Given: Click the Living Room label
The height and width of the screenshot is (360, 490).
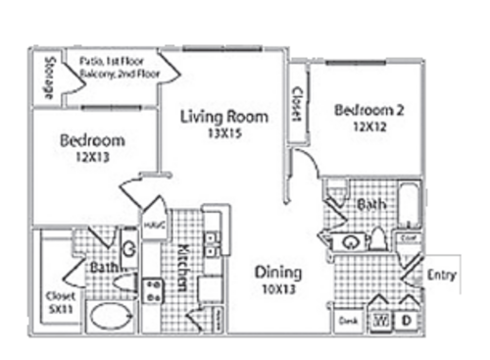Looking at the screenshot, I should click(224, 117).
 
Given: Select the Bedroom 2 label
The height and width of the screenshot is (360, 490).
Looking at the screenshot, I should click(368, 110).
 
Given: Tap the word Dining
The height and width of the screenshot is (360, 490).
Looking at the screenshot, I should click(277, 273).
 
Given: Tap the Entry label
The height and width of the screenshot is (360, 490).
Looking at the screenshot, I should click(442, 276).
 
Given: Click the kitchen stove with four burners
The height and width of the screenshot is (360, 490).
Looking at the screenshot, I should click(154, 289).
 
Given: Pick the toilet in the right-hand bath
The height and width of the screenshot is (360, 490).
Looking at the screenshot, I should click(379, 239).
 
